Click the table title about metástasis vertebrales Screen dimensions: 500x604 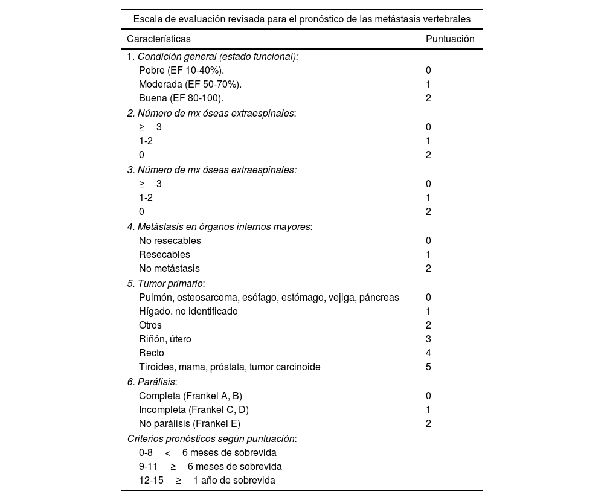click(301, 19)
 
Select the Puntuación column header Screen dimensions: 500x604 click(450, 39)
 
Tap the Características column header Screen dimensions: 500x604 click(158, 39)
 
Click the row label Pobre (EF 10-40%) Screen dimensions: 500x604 click(181, 70)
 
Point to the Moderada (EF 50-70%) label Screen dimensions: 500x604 click(190, 84)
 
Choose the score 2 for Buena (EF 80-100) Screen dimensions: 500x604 click(428, 98)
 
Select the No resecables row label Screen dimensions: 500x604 click(170, 240)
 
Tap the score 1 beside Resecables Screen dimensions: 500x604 click(428, 254)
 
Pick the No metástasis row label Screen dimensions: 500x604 click(169, 268)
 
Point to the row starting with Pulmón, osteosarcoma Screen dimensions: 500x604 click(269, 297)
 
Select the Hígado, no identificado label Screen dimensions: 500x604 click(188, 311)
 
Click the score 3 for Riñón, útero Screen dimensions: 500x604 click(428, 339)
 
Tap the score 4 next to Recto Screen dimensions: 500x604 click(428, 353)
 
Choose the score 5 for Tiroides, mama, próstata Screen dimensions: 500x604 click(428, 367)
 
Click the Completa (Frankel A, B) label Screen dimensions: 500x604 click(190, 396)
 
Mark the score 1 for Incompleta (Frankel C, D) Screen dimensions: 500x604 click(428, 409)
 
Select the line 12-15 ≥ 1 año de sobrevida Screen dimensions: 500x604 click(207, 481)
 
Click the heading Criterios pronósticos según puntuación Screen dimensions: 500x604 click(211, 439)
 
